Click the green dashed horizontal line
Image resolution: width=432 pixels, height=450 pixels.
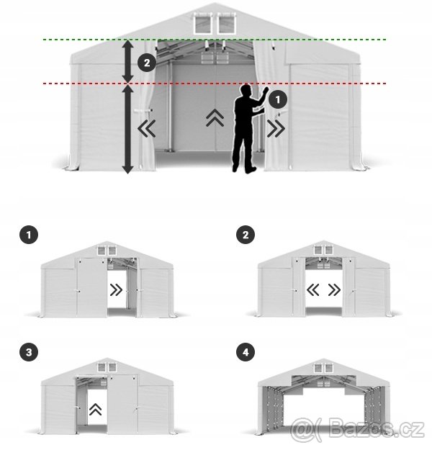(x=324, y=39)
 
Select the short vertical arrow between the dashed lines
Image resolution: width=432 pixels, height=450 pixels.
(x=127, y=61)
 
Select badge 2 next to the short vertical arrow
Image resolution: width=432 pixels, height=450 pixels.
(x=147, y=63)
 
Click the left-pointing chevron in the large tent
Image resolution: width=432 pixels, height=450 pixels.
(x=148, y=130)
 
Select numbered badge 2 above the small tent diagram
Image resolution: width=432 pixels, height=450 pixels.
(x=246, y=234)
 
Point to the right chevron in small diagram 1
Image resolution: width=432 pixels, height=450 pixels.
(x=116, y=291)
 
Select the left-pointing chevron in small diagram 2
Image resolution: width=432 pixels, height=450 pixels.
(x=313, y=291)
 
